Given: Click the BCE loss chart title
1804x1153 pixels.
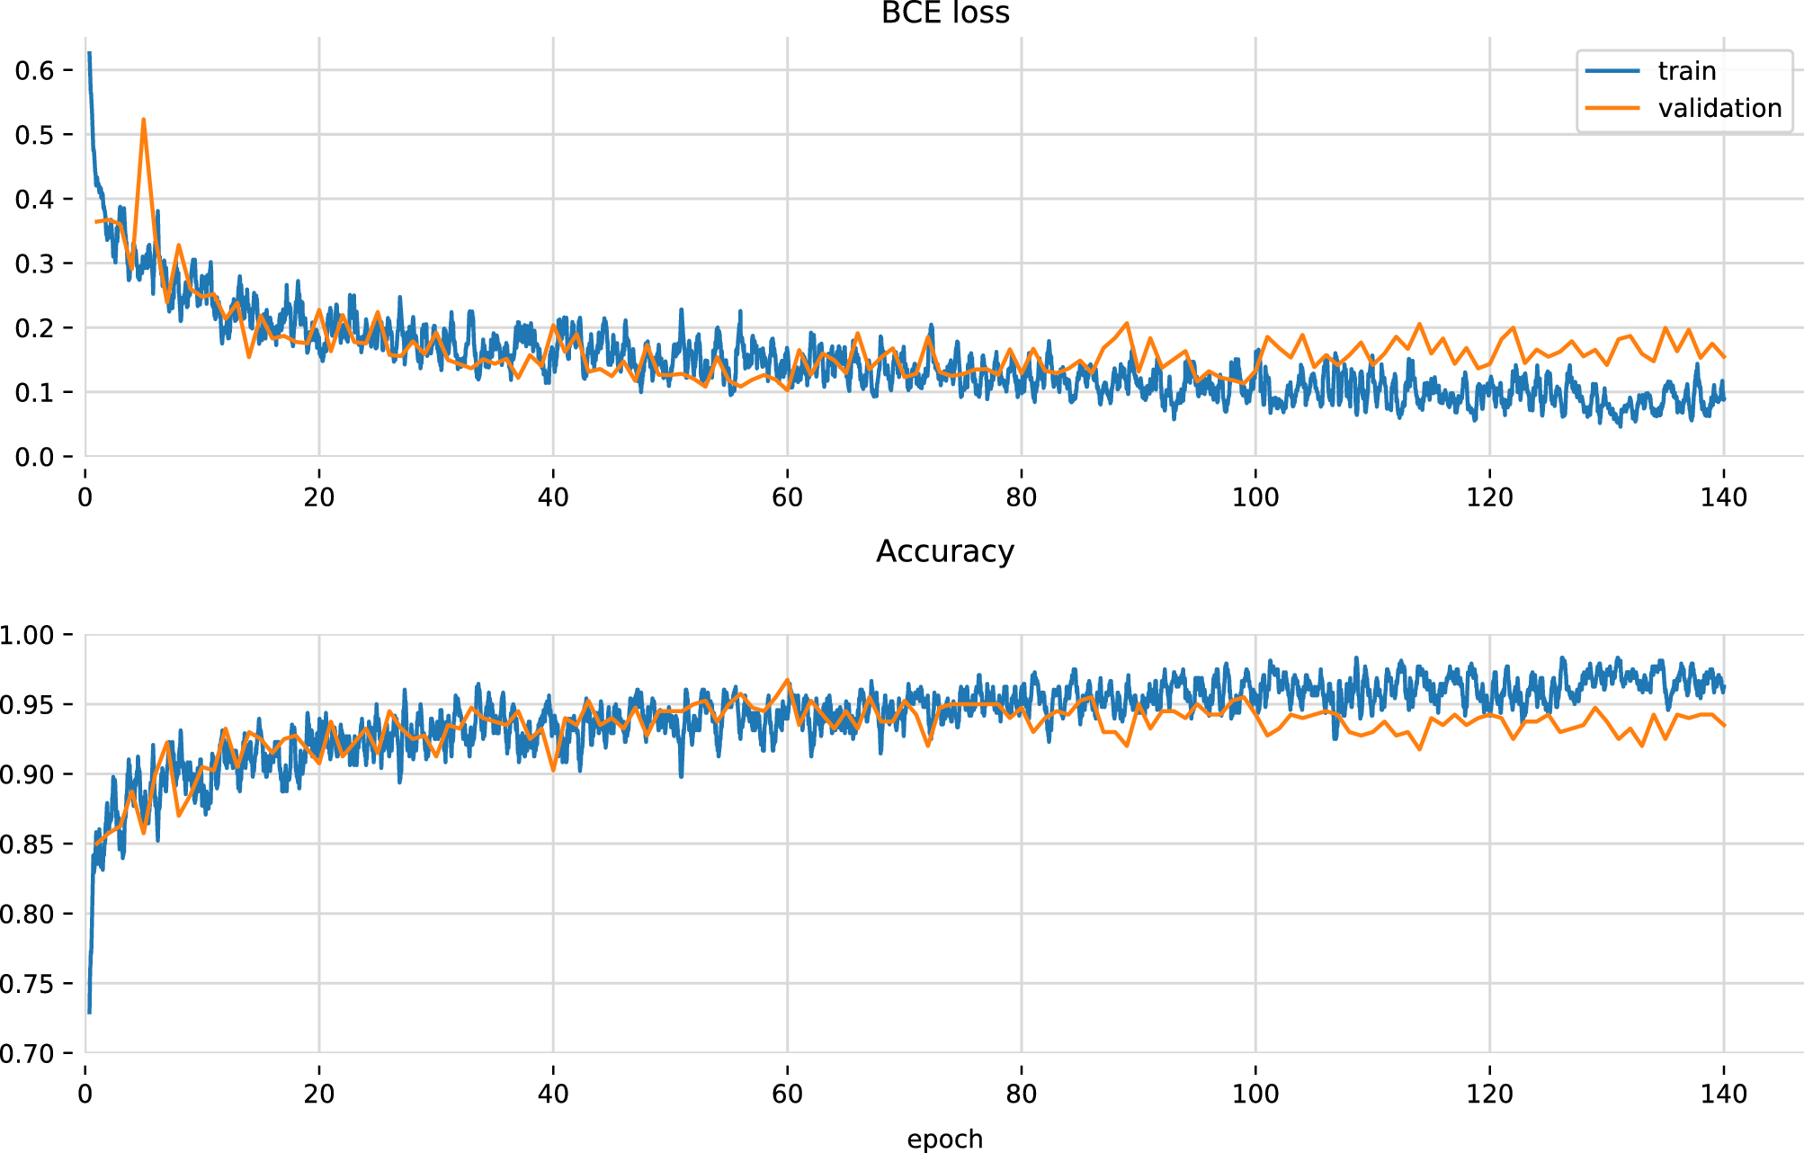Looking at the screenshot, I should click(945, 13).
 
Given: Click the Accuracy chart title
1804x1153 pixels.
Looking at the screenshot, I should click(945, 550).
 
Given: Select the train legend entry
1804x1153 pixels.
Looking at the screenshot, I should click(1686, 71).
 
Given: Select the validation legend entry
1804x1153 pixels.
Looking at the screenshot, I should click(1719, 108).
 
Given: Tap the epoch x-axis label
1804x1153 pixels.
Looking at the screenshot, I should click(944, 1139).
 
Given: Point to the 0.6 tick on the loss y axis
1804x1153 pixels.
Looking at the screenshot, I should click(34, 70).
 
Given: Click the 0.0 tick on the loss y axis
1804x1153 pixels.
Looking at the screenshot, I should click(34, 457).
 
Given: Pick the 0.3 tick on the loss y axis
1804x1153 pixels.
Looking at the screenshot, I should click(34, 264).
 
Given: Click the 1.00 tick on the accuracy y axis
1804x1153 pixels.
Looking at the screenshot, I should click(27, 635).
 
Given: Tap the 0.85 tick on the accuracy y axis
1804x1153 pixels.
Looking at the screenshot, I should click(27, 844).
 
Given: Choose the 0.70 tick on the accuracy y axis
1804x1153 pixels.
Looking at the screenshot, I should click(27, 1053).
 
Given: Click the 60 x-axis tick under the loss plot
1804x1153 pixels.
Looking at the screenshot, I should click(787, 497).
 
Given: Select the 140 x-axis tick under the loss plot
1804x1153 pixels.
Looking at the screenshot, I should click(1723, 497).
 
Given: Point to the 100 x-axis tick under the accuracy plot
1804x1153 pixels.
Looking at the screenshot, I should click(1255, 1094).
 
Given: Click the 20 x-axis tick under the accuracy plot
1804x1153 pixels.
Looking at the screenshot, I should click(319, 1094).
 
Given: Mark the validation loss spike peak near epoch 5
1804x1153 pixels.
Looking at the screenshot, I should click(144, 120).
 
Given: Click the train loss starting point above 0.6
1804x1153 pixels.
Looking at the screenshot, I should click(89, 54).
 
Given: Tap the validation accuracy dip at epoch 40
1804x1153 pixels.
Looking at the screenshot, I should click(553, 770).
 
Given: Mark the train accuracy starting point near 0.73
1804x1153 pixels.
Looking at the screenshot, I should click(89, 1012).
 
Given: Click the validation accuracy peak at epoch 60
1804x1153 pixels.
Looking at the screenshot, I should click(788, 680).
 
